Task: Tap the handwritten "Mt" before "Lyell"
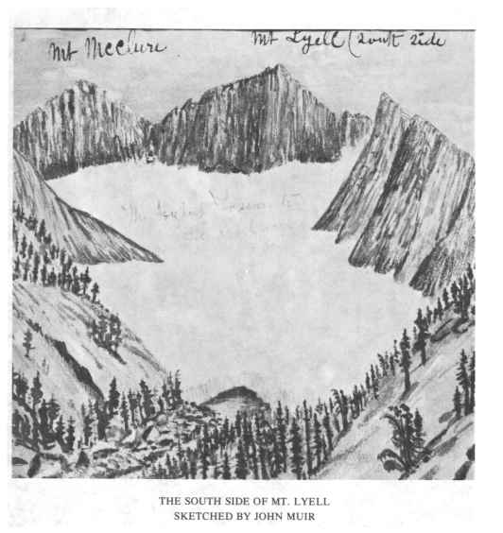[x=263, y=40]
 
